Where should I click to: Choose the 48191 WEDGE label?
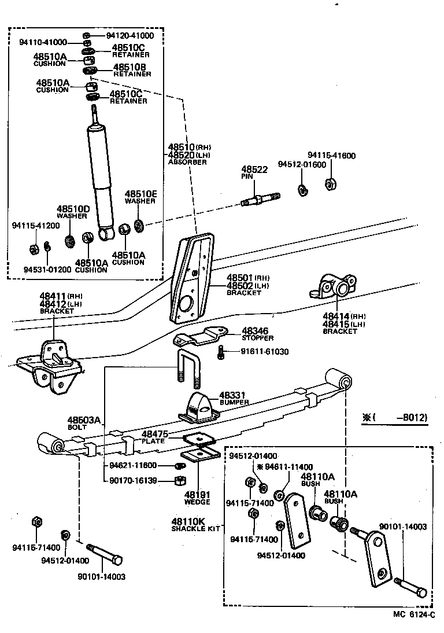(x=197, y=498)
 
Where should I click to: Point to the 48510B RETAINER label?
(x=132, y=70)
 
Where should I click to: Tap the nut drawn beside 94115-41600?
(x=331, y=185)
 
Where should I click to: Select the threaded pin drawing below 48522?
(x=260, y=200)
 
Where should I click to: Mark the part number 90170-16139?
(x=133, y=480)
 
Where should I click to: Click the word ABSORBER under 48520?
(x=187, y=163)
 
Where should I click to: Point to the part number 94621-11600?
(x=133, y=465)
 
